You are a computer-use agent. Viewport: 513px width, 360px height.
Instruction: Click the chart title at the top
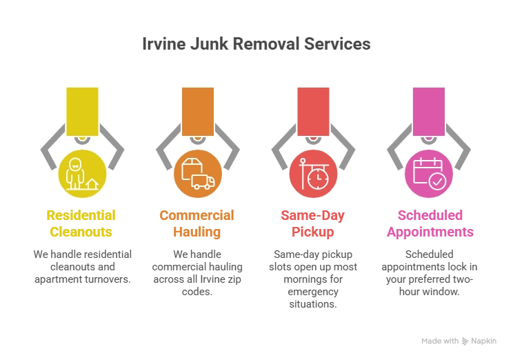tap(256, 43)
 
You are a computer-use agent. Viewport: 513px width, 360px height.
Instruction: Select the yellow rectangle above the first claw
tap(82, 111)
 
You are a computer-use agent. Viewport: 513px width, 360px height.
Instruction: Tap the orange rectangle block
tap(198, 111)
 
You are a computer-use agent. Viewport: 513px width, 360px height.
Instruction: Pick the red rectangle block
tap(313, 111)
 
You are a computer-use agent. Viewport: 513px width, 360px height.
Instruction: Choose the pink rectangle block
tap(428, 111)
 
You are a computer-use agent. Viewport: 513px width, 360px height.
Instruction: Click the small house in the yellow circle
tap(92, 183)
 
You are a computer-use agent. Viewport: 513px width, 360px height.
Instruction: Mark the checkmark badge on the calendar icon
tap(437, 181)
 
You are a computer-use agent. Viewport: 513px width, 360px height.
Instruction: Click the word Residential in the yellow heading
tap(81, 214)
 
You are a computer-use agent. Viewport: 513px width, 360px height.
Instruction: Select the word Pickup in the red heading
tap(312, 232)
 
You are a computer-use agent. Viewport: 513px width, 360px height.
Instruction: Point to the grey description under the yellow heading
tap(82, 267)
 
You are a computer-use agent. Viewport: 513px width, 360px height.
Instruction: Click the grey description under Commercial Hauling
tap(197, 272)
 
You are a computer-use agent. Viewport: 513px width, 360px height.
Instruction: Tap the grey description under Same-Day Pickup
tap(312, 277)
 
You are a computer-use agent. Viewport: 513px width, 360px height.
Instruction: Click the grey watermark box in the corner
tap(457, 341)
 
